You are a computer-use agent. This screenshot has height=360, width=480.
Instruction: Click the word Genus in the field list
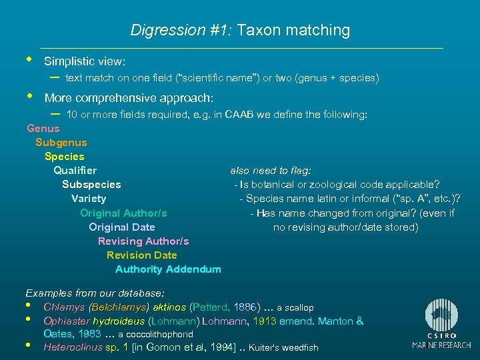[43, 128]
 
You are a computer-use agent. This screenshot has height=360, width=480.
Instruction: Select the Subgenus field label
[61, 143]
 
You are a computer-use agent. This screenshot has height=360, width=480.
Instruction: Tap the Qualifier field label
[75, 171]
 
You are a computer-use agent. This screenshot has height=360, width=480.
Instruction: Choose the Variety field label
[89, 199]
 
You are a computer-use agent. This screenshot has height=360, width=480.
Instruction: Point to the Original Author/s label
[123, 213]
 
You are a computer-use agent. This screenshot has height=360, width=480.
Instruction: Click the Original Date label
[122, 227]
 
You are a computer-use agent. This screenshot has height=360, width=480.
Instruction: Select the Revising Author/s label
[143, 241]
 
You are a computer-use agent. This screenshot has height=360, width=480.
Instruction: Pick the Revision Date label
[142, 255]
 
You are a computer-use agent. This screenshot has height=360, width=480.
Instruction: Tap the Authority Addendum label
[168, 269]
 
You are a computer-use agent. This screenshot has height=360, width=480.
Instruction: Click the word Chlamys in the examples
[64, 307]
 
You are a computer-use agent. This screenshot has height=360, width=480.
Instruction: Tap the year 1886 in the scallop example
[247, 307]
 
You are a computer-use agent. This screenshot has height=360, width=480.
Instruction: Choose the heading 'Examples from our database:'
[95, 293]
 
